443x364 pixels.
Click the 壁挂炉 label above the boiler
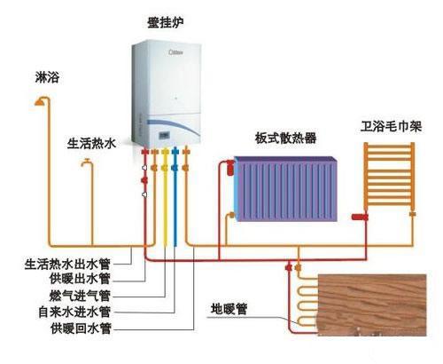160,20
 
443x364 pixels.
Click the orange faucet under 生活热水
86,162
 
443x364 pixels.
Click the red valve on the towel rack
359,215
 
